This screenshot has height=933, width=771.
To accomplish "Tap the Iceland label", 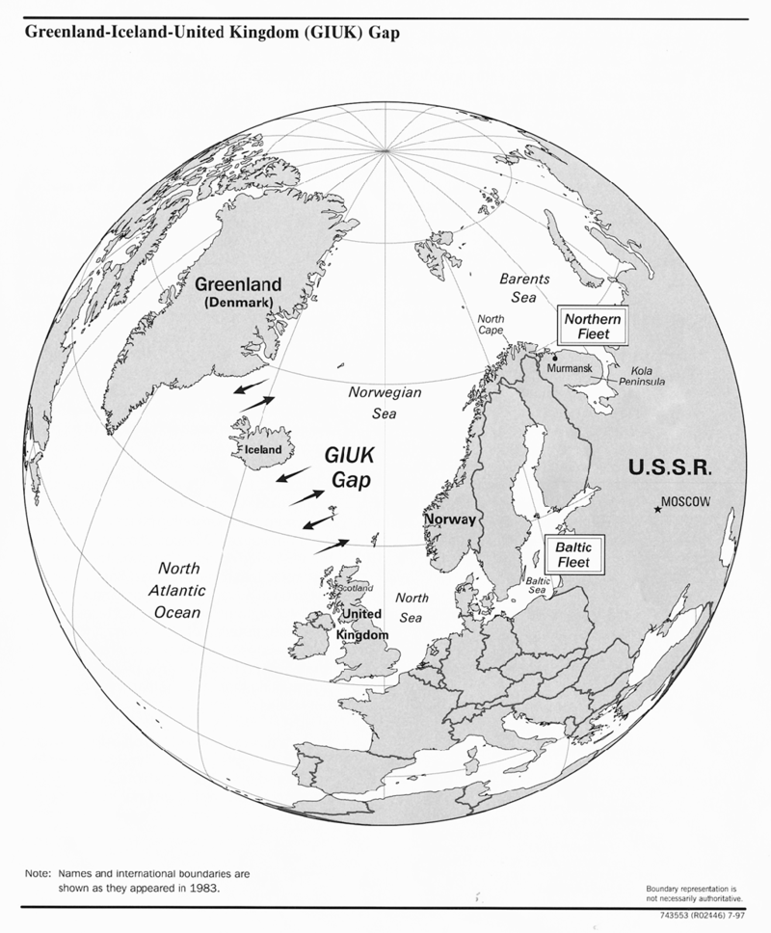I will point(262,449).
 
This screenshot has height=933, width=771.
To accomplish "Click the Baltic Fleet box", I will point(572,553).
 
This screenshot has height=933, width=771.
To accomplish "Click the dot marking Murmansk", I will point(555,357).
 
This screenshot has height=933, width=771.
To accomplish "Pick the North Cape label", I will point(491,325).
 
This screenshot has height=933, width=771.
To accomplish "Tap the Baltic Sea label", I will point(537,585).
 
